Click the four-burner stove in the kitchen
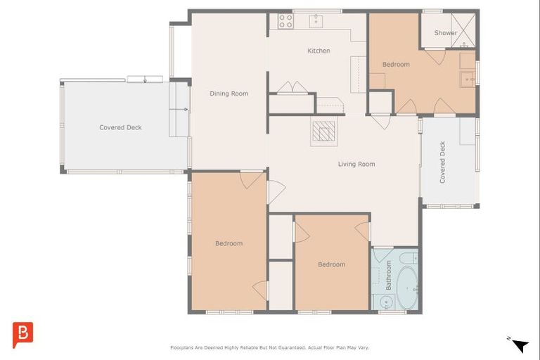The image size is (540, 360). coord(285,21)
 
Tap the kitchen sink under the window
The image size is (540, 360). coord(316,21)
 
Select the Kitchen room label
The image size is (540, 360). coord(319,51)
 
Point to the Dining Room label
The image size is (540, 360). coord(229,94)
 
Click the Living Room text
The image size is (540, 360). coord(356,164)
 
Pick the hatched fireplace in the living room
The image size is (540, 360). coord(324,131)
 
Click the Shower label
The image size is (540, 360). coord(445,33)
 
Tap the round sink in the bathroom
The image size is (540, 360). coord(385,303)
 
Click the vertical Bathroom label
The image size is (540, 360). coord(388,276)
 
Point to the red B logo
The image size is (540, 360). coord(22,334)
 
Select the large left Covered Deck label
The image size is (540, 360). coord(120,127)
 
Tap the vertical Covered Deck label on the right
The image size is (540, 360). coord(442,162)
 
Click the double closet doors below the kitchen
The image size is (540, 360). coord(292,87)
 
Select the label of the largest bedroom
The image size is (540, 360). coord(229,243)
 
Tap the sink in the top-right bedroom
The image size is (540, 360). coord(468,78)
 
